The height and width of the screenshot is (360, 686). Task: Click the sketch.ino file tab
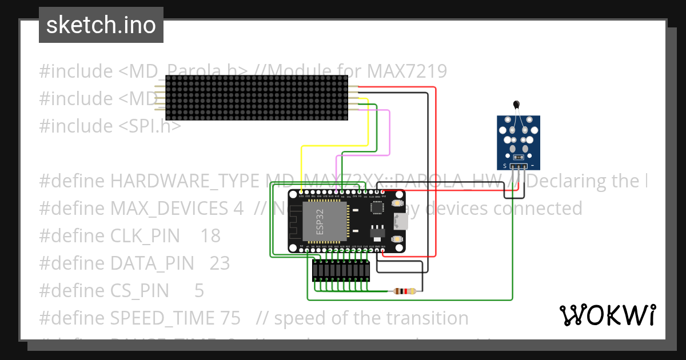(x=101, y=25)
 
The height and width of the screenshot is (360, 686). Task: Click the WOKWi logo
(x=607, y=315)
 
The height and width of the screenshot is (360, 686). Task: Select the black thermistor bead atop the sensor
(x=517, y=105)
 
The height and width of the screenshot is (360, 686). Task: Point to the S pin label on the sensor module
(x=504, y=166)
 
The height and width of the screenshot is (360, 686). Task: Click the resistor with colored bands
(x=405, y=291)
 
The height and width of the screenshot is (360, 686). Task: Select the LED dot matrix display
(x=256, y=98)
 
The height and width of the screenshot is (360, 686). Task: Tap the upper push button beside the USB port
(x=396, y=204)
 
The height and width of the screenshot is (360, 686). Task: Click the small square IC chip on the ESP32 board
(x=378, y=208)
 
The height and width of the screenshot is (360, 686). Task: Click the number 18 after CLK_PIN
(x=210, y=235)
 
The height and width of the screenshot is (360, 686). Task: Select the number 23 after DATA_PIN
(x=220, y=263)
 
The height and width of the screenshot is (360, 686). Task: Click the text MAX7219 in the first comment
(x=406, y=71)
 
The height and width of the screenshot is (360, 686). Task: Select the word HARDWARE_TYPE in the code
(x=184, y=181)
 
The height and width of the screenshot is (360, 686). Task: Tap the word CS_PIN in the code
(x=139, y=290)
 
